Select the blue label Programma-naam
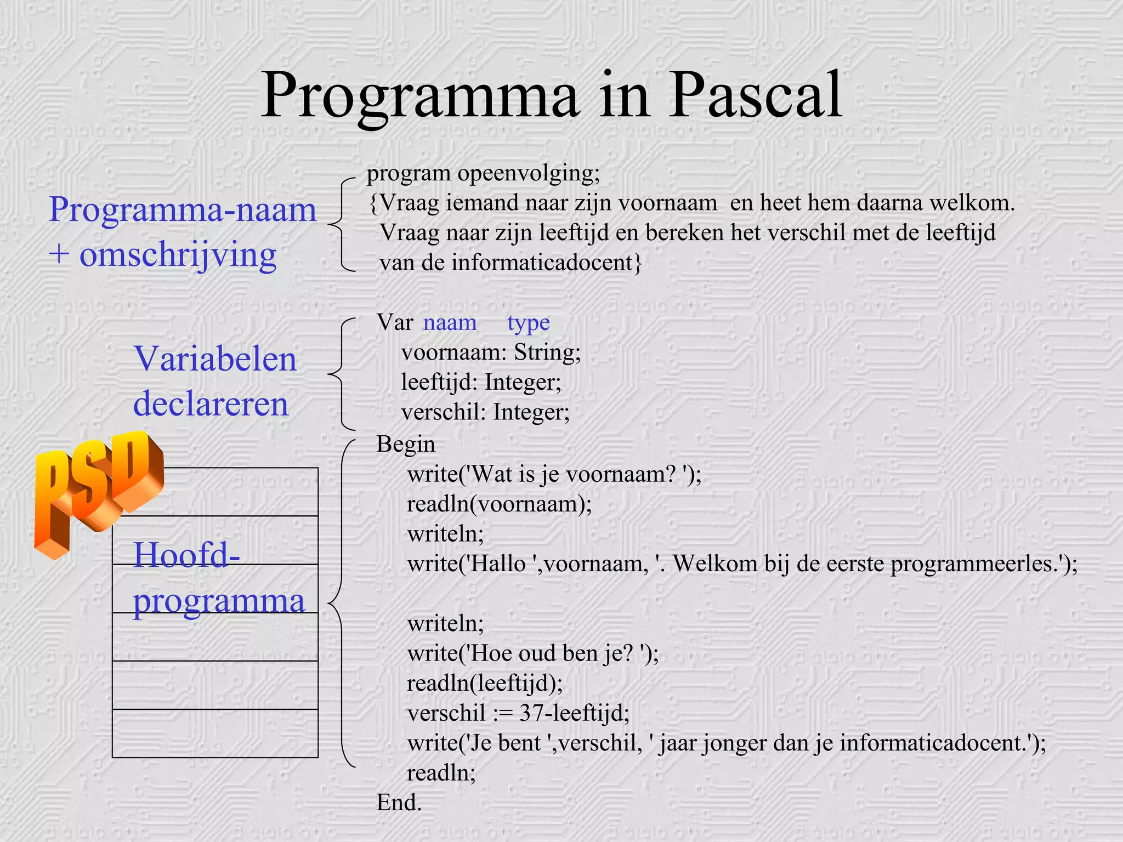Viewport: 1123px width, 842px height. click(183, 209)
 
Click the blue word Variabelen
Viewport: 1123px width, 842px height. click(215, 359)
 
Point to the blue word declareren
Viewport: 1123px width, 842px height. click(211, 404)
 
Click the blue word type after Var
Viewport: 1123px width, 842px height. click(528, 323)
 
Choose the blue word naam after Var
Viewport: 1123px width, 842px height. click(450, 323)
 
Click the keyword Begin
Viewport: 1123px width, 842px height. click(405, 444)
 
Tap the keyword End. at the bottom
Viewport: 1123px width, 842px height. click(399, 803)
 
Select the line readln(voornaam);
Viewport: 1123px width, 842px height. click(499, 504)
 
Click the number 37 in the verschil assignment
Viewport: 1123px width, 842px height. click(531, 713)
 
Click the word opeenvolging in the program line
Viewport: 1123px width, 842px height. click(528, 173)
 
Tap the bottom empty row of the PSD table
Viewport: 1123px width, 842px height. click(215, 733)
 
